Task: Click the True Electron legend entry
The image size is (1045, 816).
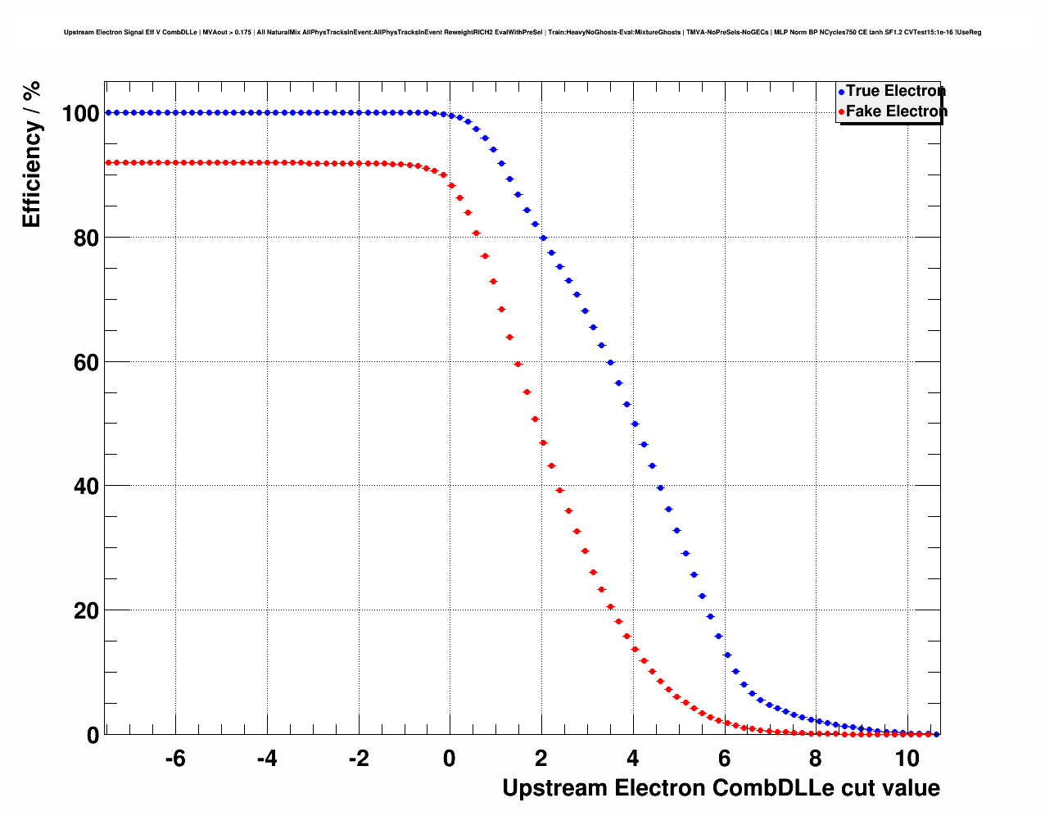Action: coord(895,91)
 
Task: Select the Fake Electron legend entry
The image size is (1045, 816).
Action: coord(896,111)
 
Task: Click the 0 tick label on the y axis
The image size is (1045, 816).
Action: coord(93,736)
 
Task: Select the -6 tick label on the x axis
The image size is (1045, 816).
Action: coord(174,759)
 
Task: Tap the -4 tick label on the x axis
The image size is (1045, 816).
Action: coord(266,759)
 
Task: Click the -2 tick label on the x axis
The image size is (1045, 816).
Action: coord(358,759)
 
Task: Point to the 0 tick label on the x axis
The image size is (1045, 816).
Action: coord(450,759)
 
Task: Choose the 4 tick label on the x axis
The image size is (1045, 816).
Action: coord(633,759)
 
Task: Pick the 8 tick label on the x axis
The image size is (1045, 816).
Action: coord(816,759)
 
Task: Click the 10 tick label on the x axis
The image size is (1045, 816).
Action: coord(907,759)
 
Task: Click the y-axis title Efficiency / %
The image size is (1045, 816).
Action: coord(31,154)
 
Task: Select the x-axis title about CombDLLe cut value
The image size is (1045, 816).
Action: coord(721,788)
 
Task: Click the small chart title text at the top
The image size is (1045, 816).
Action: coord(522,33)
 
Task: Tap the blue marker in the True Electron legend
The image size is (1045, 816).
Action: coord(841,92)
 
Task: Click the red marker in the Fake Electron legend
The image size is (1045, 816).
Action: coord(841,112)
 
